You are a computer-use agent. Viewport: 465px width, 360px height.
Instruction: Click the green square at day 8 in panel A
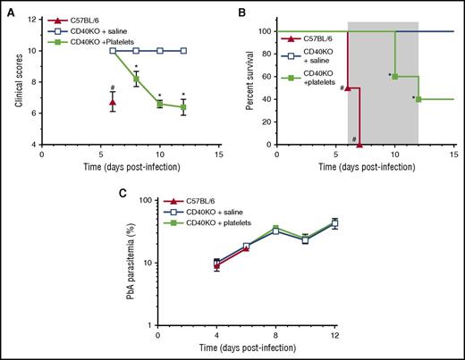click(136, 79)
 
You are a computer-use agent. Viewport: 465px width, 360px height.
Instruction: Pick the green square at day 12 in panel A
click(183, 106)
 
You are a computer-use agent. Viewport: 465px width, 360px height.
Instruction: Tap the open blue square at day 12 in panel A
click(183, 51)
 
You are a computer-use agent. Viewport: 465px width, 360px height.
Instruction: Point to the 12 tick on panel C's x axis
click(385, 337)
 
